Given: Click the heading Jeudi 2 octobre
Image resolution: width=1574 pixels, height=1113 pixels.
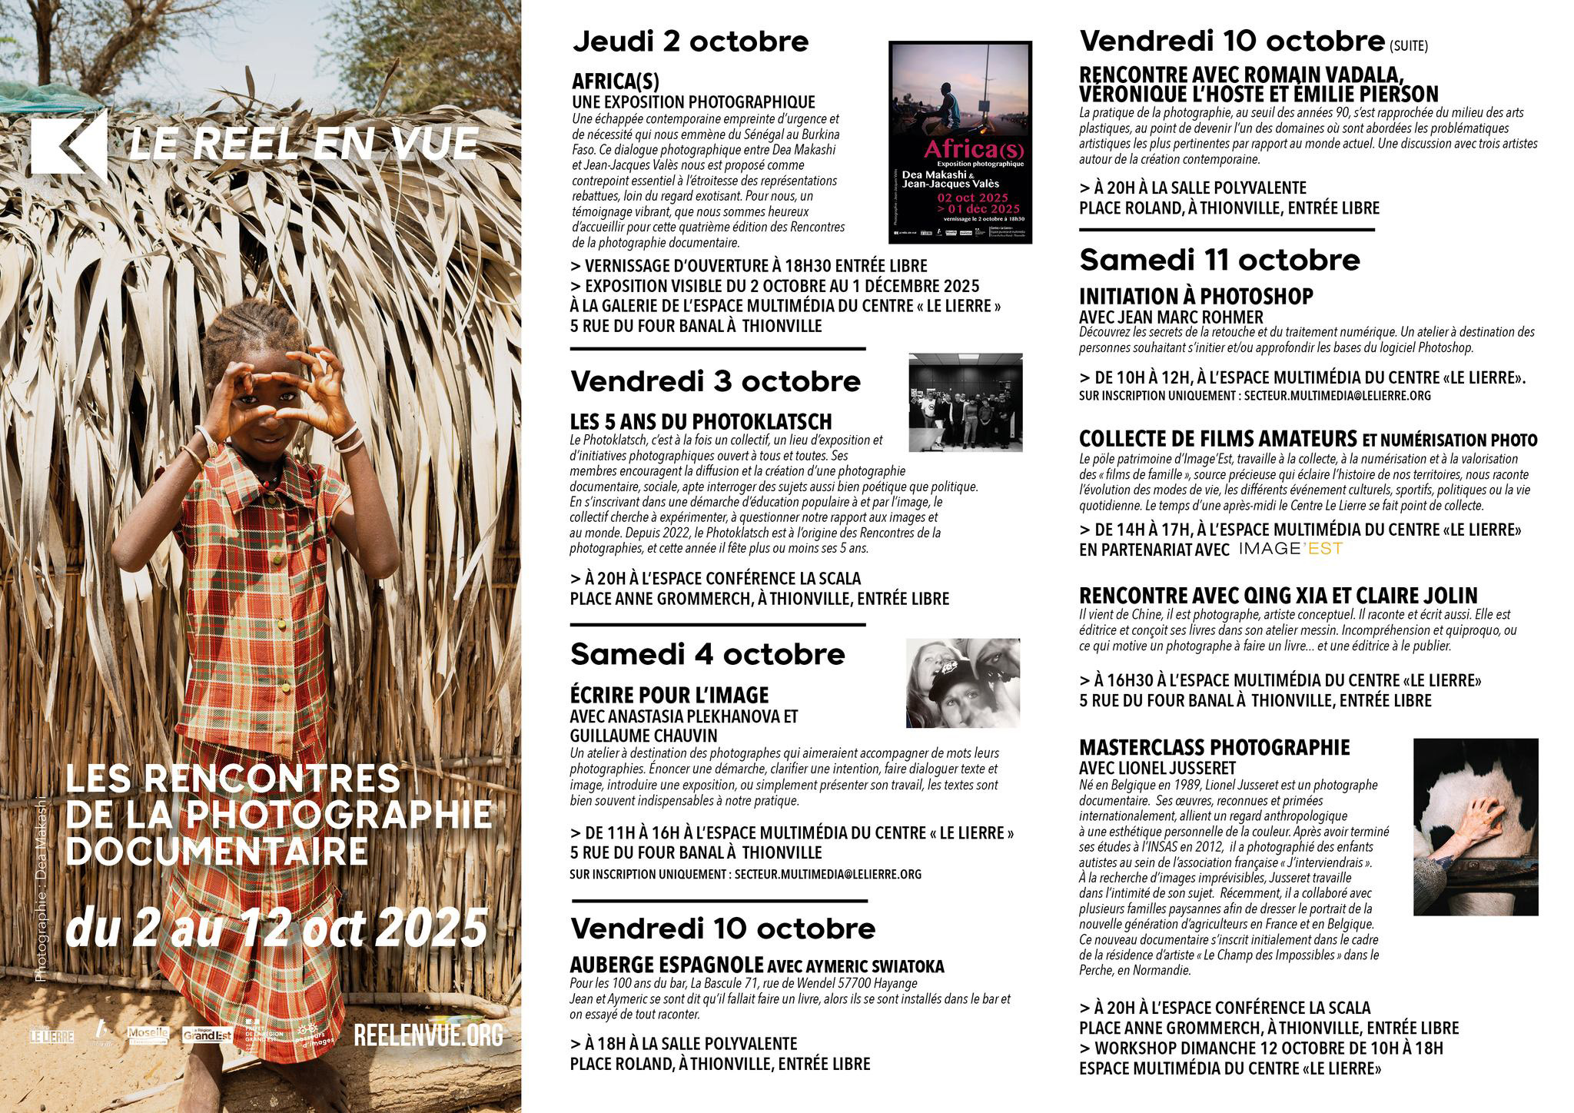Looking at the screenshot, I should [x=690, y=42].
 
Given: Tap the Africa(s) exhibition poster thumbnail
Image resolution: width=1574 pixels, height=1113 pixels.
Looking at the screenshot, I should [x=960, y=140].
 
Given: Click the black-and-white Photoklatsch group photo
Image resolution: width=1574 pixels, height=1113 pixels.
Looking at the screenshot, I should [x=965, y=402].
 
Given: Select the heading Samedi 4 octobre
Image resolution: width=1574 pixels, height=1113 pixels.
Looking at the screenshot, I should [x=707, y=654].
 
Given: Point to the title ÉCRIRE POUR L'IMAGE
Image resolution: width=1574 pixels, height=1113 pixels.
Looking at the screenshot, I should [x=669, y=695].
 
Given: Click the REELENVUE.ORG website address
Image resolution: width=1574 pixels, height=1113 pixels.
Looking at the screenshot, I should [x=428, y=1035].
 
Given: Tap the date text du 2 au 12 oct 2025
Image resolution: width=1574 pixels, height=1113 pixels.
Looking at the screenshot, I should [x=277, y=928].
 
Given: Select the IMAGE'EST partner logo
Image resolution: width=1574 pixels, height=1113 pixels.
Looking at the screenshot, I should [x=1291, y=549].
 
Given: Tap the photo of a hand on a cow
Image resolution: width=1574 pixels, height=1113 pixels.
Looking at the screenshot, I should [x=1476, y=826].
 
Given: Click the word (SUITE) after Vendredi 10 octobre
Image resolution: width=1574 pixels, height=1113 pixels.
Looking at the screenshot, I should [x=1409, y=46].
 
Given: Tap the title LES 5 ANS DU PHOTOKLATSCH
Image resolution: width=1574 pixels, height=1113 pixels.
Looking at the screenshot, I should [x=701, y=421].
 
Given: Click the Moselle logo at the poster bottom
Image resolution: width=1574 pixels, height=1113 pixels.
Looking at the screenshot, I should [x=148, y=1035].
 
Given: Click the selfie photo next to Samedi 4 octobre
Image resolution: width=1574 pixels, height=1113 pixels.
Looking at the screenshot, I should [x=963, y=683].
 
